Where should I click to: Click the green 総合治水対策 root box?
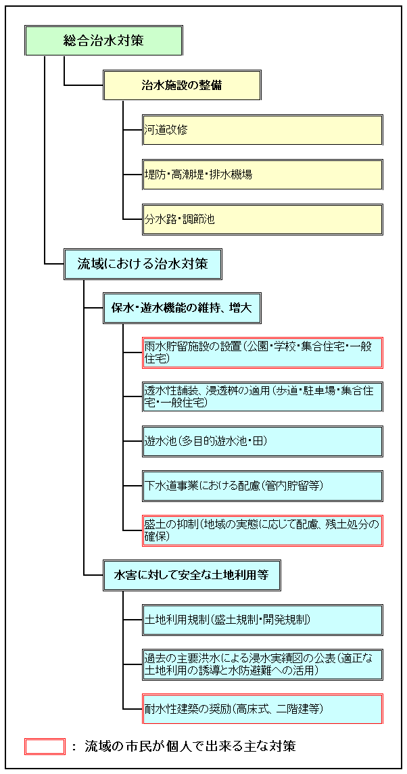click(103, 40)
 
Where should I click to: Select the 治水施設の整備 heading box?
click(182, 85)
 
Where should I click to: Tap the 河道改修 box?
click(262, 130)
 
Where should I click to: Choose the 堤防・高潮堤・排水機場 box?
click(262, 175)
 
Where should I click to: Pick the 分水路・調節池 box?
click(262, 219)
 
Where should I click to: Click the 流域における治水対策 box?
click(143, 264)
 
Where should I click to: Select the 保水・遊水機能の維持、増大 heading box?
click(182, 309)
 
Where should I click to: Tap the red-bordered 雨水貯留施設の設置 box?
click(262, 353)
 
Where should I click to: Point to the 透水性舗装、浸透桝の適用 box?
click(262, 397)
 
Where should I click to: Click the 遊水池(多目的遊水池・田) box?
click(262, 441)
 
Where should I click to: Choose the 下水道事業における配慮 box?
click(262, 486)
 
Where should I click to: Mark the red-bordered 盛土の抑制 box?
click(262, 530)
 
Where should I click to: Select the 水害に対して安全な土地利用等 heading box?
click(192, 575)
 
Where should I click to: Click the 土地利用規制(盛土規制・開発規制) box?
click(262, 620)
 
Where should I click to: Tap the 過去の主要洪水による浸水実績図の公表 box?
click(262, 664)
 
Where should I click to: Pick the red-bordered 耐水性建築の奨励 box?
click(262, 709)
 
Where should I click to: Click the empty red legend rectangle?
click(45, 746)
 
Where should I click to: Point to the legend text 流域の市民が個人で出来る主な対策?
click(191, 746)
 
